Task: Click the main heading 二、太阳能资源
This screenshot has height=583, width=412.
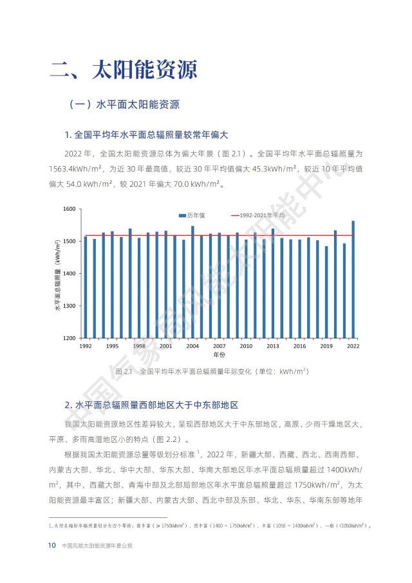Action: click(124, 69)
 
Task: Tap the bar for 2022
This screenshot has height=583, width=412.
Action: click(353, 280)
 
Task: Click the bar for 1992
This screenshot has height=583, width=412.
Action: click(85, 287)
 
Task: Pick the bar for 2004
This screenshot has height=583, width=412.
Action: click(192, 282)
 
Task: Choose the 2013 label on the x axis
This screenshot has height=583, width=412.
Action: click(273, 346)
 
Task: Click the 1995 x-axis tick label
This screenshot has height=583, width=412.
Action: click(112, 346)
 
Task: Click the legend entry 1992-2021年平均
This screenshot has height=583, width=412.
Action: click(261, 215)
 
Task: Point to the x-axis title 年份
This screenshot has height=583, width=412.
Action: click(219, 355)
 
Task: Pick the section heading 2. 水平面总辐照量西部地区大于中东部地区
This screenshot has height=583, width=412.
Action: click(152, 405)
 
